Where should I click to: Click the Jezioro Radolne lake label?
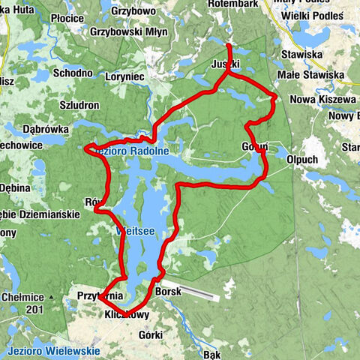pos(133,151)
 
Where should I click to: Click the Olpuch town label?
pos(302,159)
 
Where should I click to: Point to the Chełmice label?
pos(21,297)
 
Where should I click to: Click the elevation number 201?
pos(31,309)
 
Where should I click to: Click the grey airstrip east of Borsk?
pos(201,292)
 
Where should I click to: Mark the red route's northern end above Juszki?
pos(229,47)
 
